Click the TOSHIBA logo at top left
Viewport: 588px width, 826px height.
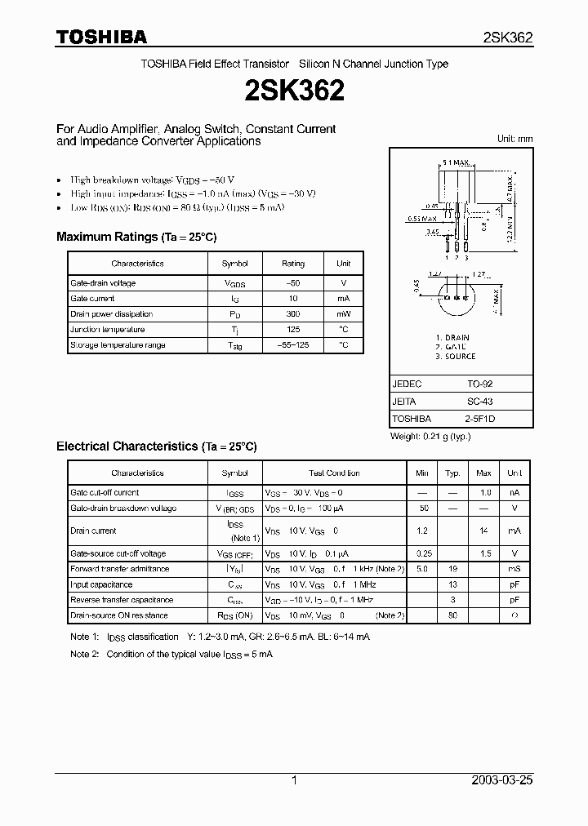101,37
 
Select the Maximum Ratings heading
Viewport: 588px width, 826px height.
136,237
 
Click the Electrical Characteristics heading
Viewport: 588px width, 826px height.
156,446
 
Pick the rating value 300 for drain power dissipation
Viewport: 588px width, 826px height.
292,314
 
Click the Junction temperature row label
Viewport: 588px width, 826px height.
108,330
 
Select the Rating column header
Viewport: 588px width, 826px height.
292,264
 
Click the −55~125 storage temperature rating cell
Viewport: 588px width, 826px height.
292,345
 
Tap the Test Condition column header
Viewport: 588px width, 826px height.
334,473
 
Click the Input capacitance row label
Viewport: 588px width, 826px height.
101,584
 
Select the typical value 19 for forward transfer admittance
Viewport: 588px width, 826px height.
452,569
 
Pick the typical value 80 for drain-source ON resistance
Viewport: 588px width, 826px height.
452,615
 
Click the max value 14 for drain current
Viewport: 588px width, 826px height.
483,531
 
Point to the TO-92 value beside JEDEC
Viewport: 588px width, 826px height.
479,384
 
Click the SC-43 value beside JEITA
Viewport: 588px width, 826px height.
479,402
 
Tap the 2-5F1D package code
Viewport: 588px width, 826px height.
480,420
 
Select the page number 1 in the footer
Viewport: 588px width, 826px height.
294,780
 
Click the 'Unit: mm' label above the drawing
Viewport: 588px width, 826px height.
514,139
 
